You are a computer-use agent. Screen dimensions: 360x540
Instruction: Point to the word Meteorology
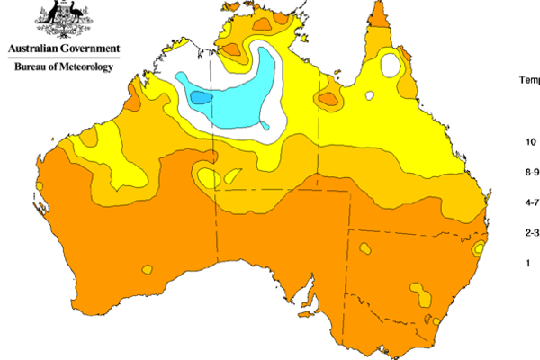click(88, 67)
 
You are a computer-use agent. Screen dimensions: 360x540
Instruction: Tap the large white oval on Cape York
click(391, 65)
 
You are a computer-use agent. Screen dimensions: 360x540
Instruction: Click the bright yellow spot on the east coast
click(480, 246)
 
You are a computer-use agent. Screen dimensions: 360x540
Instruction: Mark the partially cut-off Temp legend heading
click(529, 79)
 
